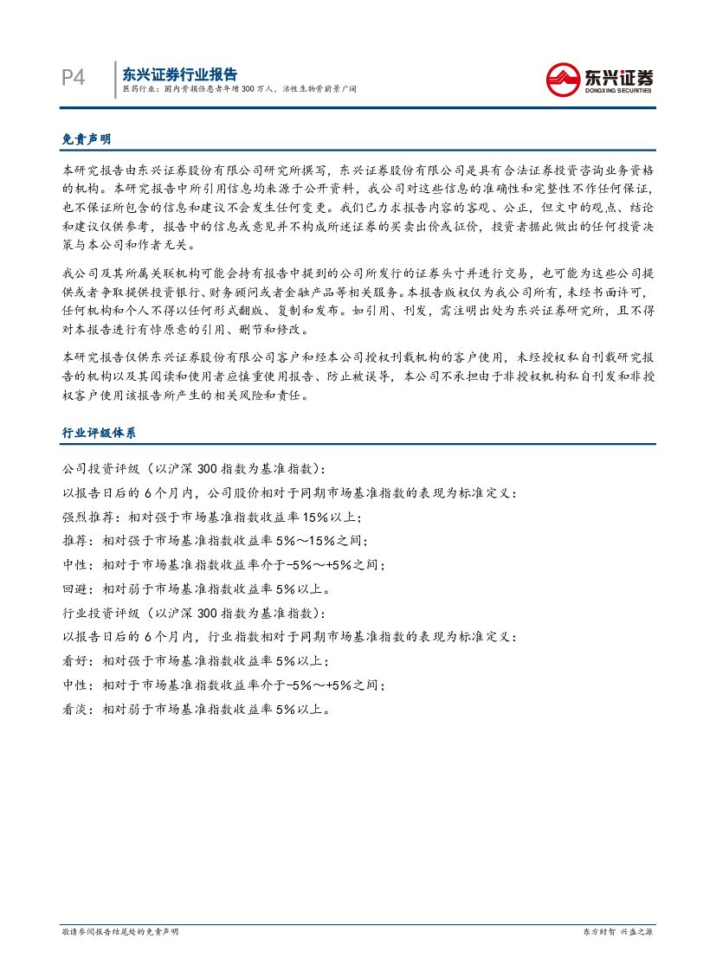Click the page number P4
tap(74, 78)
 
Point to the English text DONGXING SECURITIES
tap(619, 90)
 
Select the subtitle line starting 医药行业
tap(238, 89)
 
